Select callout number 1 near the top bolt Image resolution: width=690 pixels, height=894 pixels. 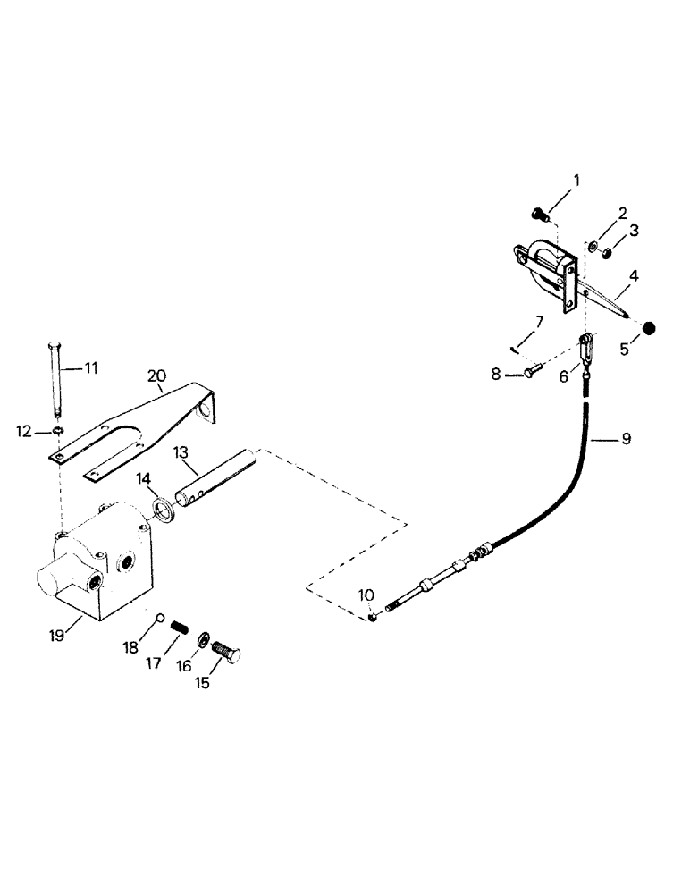point(576,181)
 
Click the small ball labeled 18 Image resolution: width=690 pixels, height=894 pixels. point(158,616)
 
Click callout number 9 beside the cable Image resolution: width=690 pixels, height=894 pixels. point(626,439)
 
